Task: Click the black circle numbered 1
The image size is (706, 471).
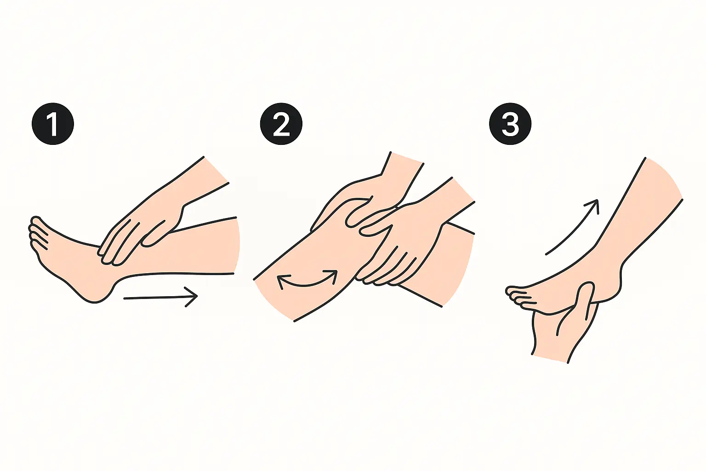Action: point(53,124)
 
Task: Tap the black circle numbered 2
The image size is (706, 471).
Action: point(281,124)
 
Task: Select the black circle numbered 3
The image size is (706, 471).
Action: point(510,124)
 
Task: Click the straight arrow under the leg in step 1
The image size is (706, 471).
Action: point(161,297)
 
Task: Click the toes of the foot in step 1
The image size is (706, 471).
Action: point(38,234)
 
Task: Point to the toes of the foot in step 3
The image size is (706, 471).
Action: point(517,295)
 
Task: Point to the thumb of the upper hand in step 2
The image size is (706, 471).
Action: point(359,214)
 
